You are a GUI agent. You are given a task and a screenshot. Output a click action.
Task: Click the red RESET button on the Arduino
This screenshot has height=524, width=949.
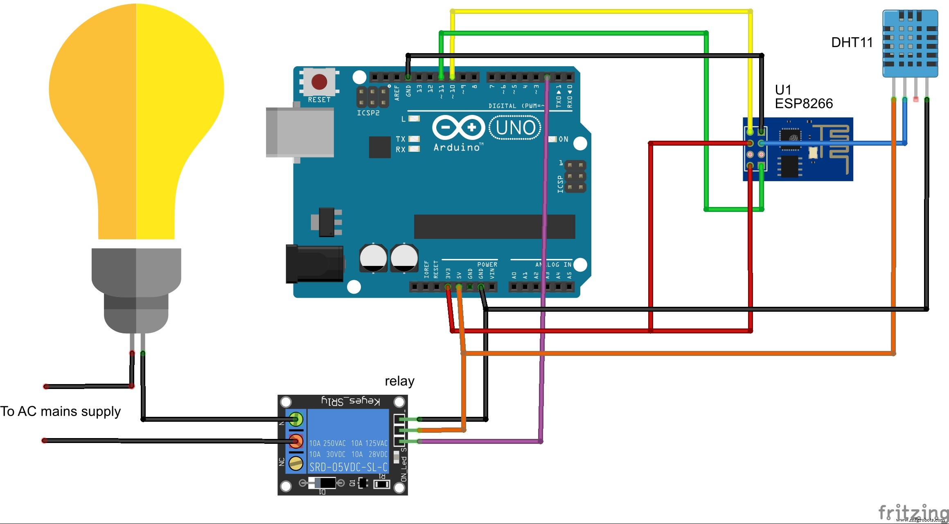click(319, 82)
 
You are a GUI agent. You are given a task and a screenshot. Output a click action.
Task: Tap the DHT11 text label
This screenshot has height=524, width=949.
click(852, 43)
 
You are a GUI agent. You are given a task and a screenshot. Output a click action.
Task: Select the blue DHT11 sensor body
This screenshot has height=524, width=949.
click(910, 43)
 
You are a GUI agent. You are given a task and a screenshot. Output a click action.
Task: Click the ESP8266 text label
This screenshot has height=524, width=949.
click(803, 103)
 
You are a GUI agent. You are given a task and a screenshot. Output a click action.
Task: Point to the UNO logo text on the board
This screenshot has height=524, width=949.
click(515, 128)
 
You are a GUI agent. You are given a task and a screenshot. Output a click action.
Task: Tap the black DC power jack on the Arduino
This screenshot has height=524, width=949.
click(314, 264)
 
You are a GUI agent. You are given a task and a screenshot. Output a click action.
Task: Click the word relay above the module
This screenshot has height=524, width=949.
click(399, 381)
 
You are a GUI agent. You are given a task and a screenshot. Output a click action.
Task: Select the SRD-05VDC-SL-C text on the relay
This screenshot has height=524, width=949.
click(348, 467)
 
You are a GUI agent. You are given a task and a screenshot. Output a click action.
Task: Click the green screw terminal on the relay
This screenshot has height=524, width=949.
click(296, 419)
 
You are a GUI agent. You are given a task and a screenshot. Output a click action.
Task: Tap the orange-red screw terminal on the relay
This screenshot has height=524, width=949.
click(296, 441)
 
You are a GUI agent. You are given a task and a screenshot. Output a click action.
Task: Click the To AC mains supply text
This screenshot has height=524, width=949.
click(61, 411)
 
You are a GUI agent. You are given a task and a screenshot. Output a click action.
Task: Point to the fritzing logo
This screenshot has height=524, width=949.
click(913, 512)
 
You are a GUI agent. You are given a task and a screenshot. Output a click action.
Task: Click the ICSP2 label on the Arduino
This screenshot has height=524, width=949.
click(368, 113)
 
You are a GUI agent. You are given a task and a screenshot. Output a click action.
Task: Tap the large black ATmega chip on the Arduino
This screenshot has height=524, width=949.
click(494, 227)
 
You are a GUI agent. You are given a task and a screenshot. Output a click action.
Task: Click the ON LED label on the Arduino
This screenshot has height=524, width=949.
click(563, 139)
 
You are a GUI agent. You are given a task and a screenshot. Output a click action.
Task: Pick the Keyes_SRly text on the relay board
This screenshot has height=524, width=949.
click(350, 401)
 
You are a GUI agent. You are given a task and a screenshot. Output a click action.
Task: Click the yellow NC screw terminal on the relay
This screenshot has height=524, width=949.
click(296, 463)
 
